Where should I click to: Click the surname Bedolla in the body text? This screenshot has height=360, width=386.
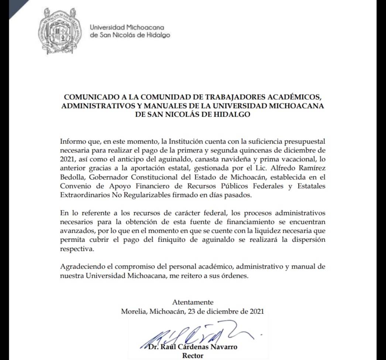coord(72,177)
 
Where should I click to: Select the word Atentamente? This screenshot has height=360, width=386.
coord(193,302)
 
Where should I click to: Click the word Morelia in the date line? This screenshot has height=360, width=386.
coord(134,311)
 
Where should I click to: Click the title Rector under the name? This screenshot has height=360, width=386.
coord(192,356)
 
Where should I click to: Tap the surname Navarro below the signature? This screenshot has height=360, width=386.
coord(223,347)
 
